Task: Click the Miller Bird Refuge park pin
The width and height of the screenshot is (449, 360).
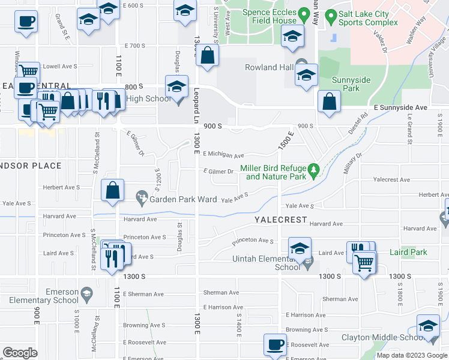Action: tap(313, 173)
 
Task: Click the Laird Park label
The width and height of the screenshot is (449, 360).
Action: tap(408, 252)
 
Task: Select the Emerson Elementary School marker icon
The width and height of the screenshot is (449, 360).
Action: tap(86, 293)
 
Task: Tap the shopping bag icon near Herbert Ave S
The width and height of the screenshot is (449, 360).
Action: tap(113, 191)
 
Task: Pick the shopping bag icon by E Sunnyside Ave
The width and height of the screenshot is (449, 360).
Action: tap(329, 103)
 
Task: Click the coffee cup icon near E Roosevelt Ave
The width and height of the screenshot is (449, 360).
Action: tap(275, 345)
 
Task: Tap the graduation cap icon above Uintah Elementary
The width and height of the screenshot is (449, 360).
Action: tap(300, 248)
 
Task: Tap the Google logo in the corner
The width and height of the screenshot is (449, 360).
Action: tap(20, 353)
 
